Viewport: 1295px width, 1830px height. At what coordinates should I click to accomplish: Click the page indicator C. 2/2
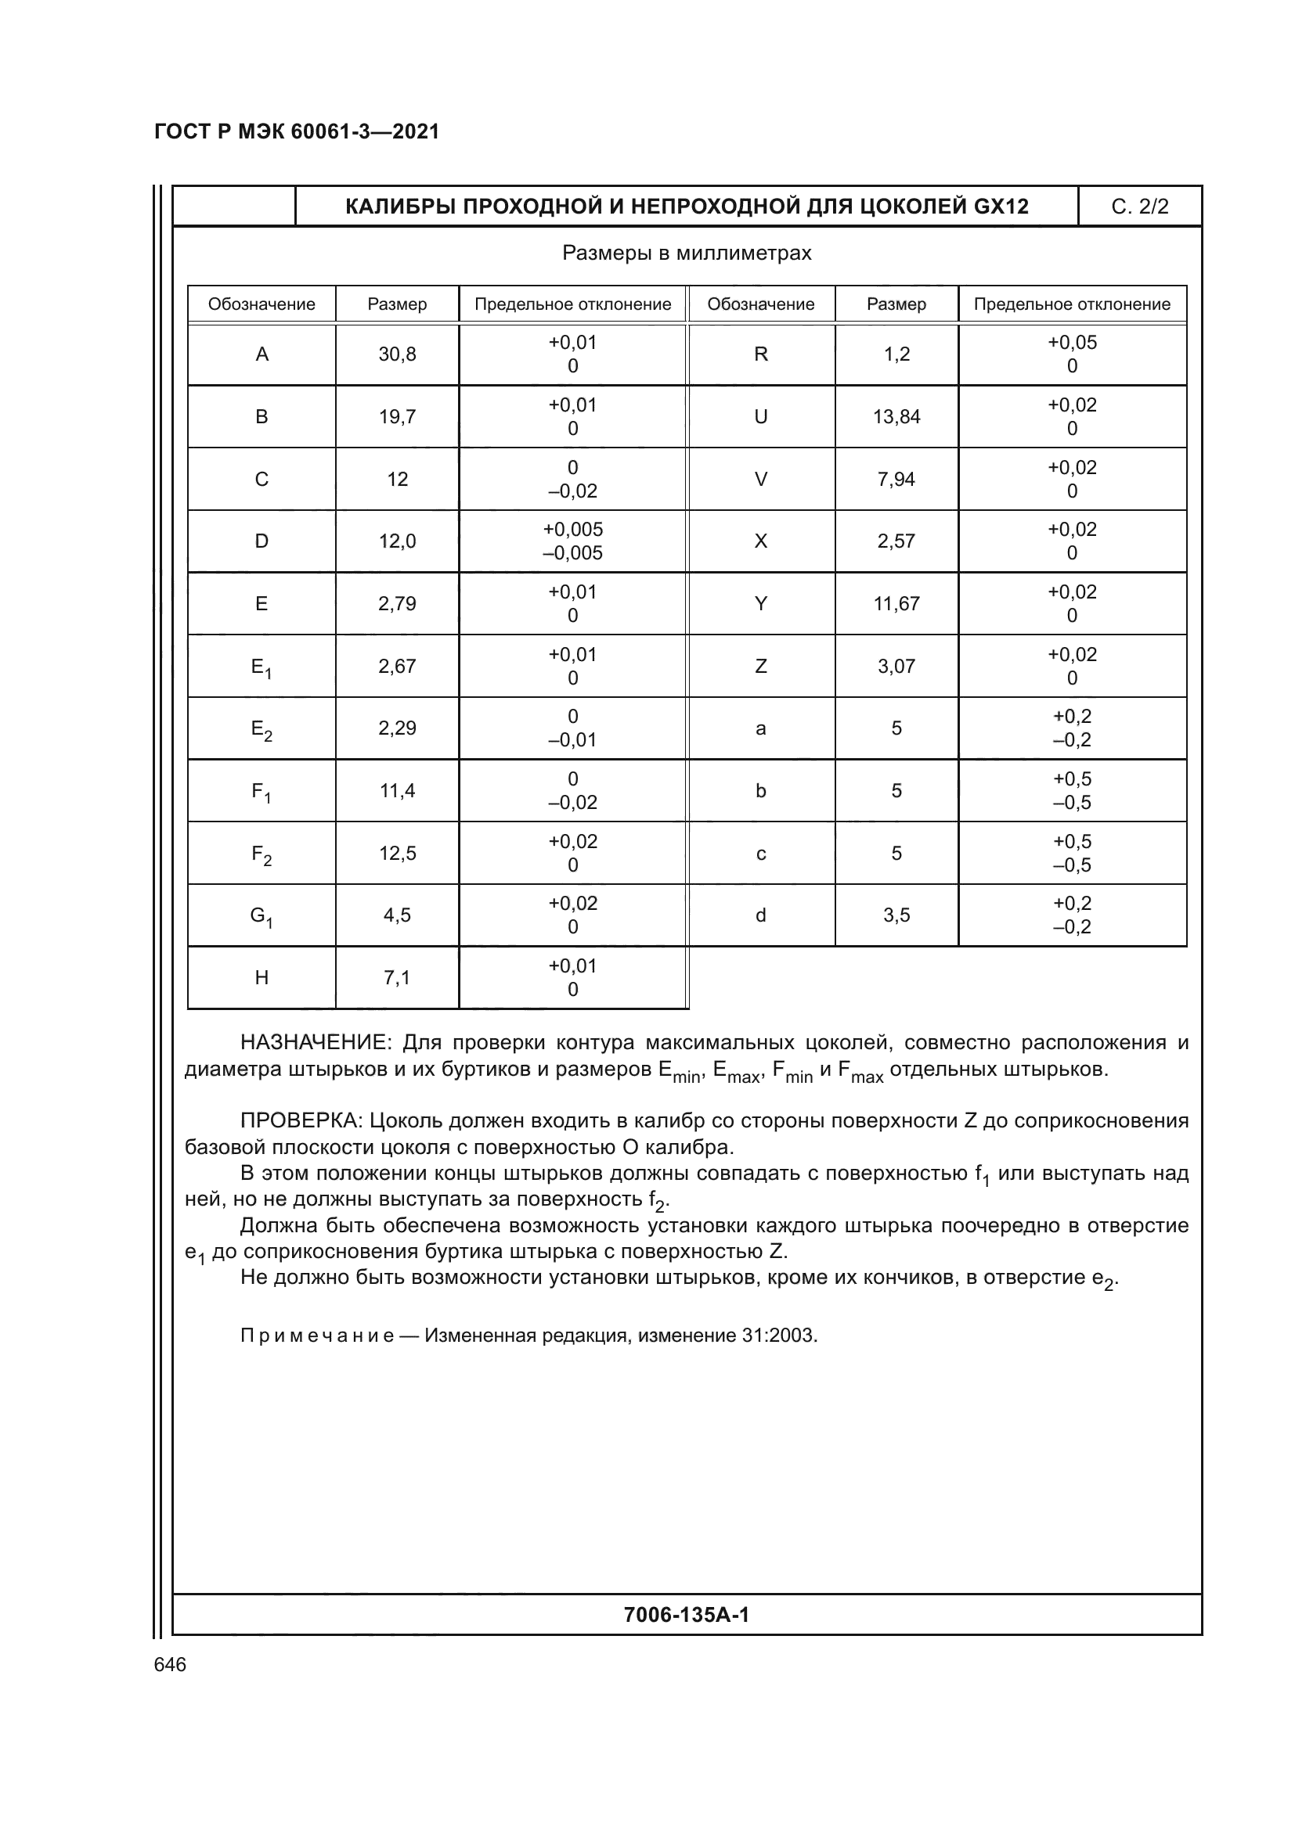(x=1139, y=207)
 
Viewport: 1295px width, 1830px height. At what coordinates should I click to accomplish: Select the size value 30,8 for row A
(x=397, y=354)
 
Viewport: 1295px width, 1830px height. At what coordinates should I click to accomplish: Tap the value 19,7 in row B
(x=397, y=417)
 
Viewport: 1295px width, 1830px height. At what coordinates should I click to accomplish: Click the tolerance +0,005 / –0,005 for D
(x=572, y=541)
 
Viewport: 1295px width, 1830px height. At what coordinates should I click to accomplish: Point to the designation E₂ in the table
(x=262, y=729)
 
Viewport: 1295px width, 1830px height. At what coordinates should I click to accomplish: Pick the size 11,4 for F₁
(x=397, y=791)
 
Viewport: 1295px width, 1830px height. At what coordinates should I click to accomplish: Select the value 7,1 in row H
(x=397, y=978)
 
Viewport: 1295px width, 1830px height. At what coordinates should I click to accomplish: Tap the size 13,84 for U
(x=896, y=417)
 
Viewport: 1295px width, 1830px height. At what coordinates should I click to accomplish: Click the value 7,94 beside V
(x=896, y=479)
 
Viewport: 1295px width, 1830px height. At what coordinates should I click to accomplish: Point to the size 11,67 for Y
(x=896, y=604)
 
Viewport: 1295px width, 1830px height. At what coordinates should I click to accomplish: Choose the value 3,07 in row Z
(x=896, y=667)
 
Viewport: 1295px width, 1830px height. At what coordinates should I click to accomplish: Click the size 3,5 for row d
(x=896, y=916)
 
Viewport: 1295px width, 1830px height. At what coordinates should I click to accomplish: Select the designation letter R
(x=761, y=354)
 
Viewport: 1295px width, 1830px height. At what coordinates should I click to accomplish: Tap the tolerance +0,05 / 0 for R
(x=1072, y=354)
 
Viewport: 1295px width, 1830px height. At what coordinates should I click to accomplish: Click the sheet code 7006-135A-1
(x=687, y=1615)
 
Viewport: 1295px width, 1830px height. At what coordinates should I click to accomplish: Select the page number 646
(x=170, y=1664)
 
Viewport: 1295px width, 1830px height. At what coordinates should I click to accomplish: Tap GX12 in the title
(x=1001, y=207)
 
